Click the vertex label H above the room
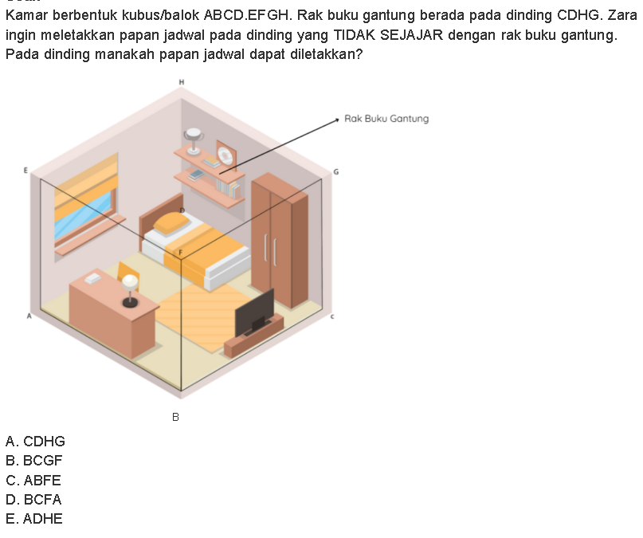pyautogui.click(x=181, y=82)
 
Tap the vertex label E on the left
pyautogui.click(x=25, y=171)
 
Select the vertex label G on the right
pyautogui.click(x=336, y=172)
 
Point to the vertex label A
pyautogui.click(x=29, y=316)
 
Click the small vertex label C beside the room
pyautogui.click(x=332, y=316)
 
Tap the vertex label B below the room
pyautogui.click(x=175, y=417)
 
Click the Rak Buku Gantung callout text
pyautogui.click(x=386, y=119)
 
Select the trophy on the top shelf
pyautogui.click(x=194, y=141)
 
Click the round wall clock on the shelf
pyautogui.click(x=225, y=155)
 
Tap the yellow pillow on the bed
pyautogui.click(x=171, y=223)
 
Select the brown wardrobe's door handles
pyautogui.click(x=270, y=249)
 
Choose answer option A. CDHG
pyautogui.click(x=35, y=442)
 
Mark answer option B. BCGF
pyautogui.click(x=34, y=461)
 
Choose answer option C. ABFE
pyautogui.click(x=33, y=480)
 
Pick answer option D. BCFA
pyautogui.click(x=33, y=500)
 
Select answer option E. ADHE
pyautogui.click(x=34, y=519)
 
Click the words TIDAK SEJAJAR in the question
pyautogui.click(x=389, y=35)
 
